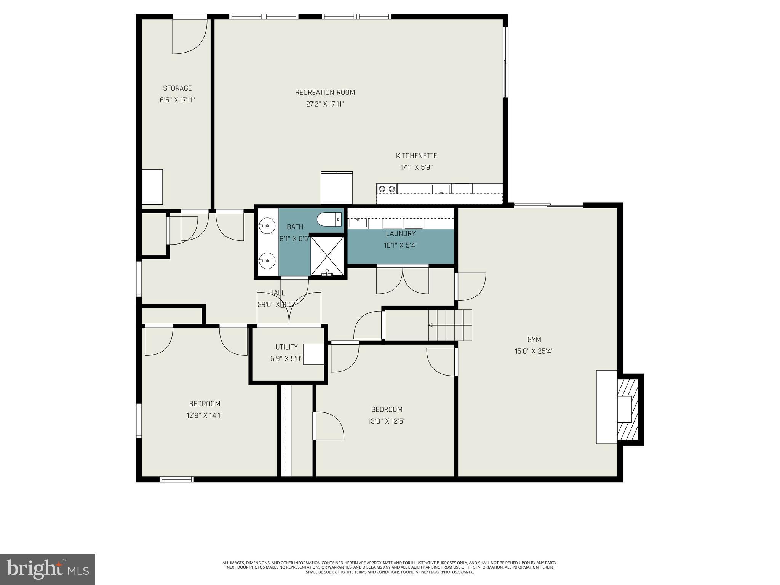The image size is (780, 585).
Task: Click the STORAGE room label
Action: point(177,88)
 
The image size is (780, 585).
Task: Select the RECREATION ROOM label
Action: point(325,93)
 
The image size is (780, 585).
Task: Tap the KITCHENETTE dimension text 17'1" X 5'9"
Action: point(416,167)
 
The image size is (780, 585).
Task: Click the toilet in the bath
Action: point(329,220)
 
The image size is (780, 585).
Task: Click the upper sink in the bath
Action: point(268,226)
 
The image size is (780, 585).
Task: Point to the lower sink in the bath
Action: point(268,261)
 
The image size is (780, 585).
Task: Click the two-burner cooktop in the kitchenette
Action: point(387,189)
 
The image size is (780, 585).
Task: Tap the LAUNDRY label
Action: point(401,233)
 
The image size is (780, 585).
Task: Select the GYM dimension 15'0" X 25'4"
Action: point(534,351)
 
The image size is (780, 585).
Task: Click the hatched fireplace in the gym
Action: point(628,409)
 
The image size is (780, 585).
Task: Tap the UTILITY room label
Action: point(286,347)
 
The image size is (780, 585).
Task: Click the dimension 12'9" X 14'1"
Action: point(205,416)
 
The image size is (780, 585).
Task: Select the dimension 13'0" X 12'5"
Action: point(387,421)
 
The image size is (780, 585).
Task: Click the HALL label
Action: point(277,293)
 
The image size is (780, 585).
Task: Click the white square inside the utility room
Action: point(313,354)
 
